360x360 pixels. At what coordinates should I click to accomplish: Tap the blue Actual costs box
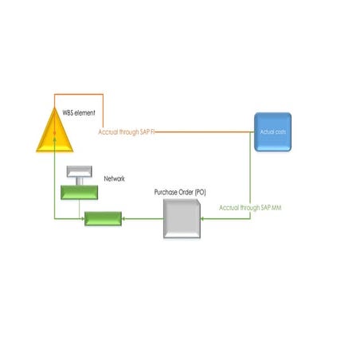pyautogui.click(x=273, y=130)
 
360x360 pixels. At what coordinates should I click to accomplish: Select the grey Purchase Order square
pyautogui.click(x=181, y=218)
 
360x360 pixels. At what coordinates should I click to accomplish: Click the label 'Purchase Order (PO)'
pyautogui.click(x=182, y=193)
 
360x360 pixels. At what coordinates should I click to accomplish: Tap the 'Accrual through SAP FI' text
pyautogui.click(x=126, y=131)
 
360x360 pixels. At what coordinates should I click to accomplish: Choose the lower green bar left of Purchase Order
pyautogui.click(x=104, y=218)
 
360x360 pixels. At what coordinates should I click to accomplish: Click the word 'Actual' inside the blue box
pyautogui.click(x=268, y=130)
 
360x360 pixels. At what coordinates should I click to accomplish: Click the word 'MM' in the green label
pyautogui.click(x=276, y=207)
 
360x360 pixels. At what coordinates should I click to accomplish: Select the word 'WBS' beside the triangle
pyautogui.click(x=68, y=114)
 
